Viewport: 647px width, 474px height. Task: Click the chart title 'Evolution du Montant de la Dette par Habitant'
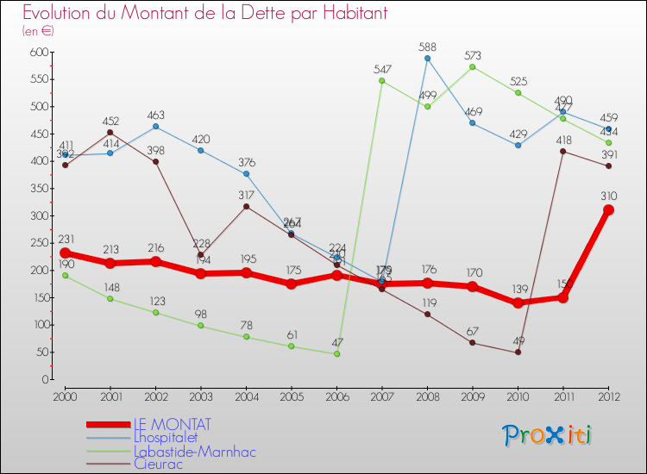point(204,14)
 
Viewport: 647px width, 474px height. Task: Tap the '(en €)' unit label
point(38,31)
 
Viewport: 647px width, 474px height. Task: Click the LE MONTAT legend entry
point(173,425)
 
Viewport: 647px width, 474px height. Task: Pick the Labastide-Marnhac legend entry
point(194,451)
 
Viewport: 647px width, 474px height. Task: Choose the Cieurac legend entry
point(159,464)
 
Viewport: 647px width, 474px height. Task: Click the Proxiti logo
point(546,435)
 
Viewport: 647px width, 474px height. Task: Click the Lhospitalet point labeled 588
point(427,59)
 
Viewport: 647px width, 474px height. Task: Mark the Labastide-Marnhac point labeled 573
point(473,66)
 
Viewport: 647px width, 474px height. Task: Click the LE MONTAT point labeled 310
point(608,209)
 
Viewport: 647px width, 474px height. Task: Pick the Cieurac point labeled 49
point(518,352)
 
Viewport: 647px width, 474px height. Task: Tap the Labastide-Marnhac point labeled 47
point(336,353)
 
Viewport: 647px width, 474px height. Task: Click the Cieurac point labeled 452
point(110,133)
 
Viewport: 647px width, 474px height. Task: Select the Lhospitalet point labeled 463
point(155,127)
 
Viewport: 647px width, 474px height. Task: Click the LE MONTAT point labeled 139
point(518,302)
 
